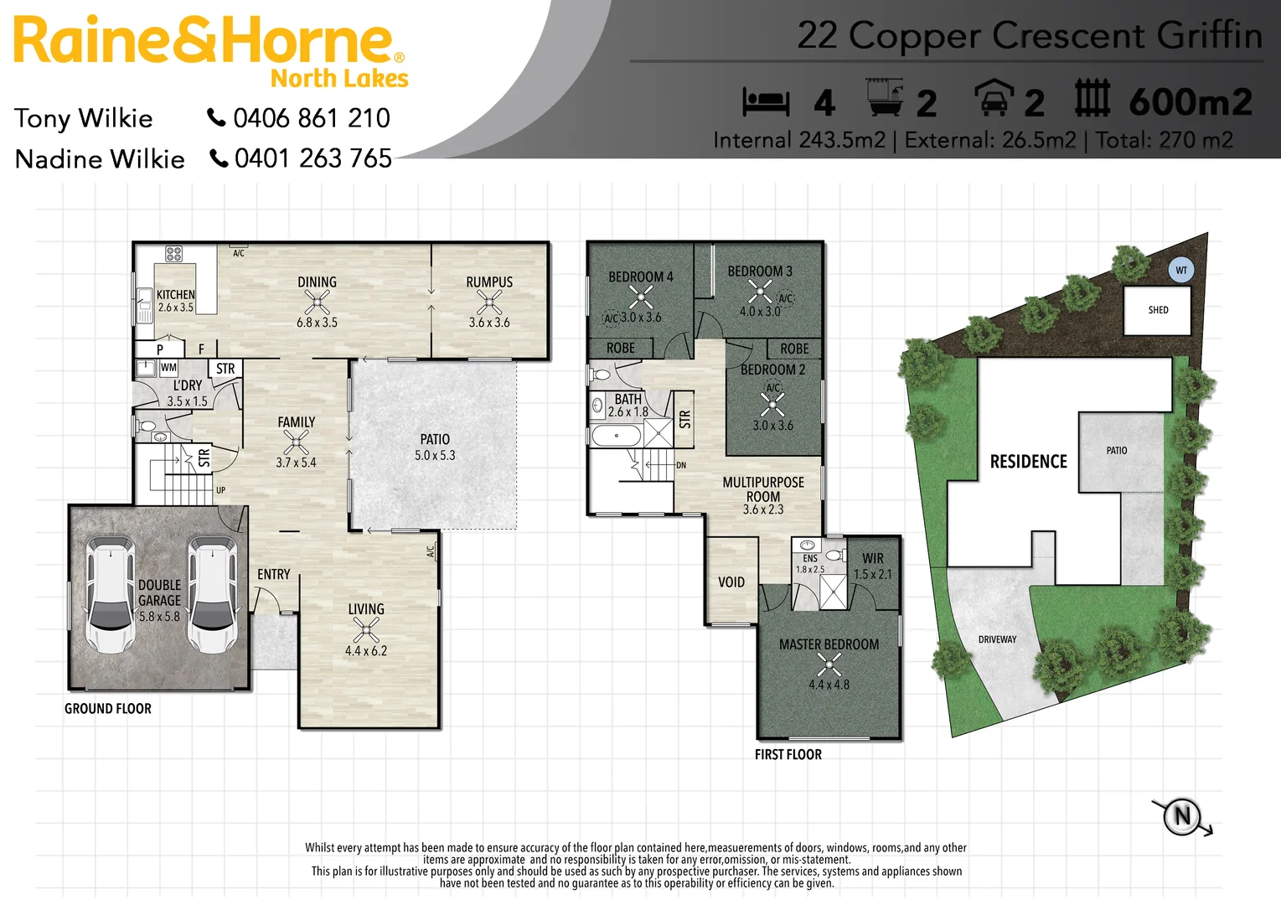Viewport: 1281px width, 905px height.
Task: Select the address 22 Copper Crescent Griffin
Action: click(x=1029, y=36)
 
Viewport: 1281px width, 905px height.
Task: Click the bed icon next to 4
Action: click(x=766, y=102)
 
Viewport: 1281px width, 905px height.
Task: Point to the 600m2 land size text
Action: click(x=1190, y=102)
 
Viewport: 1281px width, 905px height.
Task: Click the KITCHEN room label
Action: click(x=175, y=295)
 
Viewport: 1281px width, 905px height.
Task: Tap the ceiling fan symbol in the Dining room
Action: click(x=317, y=303)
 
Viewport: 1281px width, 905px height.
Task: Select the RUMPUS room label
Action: click(x=489, y=282)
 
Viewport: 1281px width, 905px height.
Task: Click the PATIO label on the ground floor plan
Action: click(x=435, y=439)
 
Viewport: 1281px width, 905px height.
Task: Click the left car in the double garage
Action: click(x=109, y=596)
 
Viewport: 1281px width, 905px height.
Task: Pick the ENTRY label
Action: click(x=274, y=575)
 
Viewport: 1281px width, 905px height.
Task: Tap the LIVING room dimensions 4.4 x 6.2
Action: click(x=366, y=651)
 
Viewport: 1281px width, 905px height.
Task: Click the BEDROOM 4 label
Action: click(x=640, y=277)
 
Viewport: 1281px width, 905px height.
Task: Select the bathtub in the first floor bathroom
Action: click(x=617, y=436)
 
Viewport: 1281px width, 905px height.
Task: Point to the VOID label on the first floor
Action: click(x=731, y=582)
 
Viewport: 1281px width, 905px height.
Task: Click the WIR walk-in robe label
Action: click(x=873, y=559)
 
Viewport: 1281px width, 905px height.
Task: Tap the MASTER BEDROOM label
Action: click(x=829, y=644)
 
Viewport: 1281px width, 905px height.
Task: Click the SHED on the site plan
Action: click(x=1158, y=310)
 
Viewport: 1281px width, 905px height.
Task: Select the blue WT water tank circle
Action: click(x=1180, y=270)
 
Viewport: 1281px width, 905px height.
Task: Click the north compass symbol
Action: click(x=1182, y=816)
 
